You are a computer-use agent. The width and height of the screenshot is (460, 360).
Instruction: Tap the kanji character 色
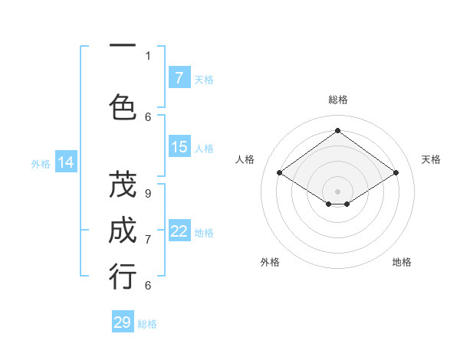tap(123, 106)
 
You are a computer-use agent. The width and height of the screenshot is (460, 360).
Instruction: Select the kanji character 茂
tap(123, 186)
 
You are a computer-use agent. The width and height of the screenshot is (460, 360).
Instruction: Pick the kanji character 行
tap(123, 277)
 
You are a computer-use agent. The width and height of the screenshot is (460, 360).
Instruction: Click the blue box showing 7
tap(179, 77)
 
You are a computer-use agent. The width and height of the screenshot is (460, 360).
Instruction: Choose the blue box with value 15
tap(179, 147)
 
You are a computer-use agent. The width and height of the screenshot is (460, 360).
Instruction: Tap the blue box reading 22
tap(179, 231)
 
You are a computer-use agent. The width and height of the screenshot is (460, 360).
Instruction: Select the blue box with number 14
tap(65, 162)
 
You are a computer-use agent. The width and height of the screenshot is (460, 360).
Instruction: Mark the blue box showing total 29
tap(123, 322)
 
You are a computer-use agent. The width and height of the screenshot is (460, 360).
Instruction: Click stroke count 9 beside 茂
tap(147, 194)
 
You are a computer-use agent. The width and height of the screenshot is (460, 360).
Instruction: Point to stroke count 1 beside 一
tap(148, 55)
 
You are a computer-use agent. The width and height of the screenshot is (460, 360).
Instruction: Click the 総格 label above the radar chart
tap(338, 100)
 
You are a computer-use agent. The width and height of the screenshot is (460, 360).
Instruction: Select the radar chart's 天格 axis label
tap(431, 159)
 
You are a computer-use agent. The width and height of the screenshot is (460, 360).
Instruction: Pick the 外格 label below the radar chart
tap(270, 262)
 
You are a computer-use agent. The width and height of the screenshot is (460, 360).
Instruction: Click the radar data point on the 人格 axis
tap(280, 173)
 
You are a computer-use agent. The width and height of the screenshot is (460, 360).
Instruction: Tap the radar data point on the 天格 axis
tap(396, 173)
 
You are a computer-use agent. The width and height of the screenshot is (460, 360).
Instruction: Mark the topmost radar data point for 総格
tap(337, 130)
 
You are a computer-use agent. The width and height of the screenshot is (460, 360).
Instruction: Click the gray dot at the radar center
tap(337, 191)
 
